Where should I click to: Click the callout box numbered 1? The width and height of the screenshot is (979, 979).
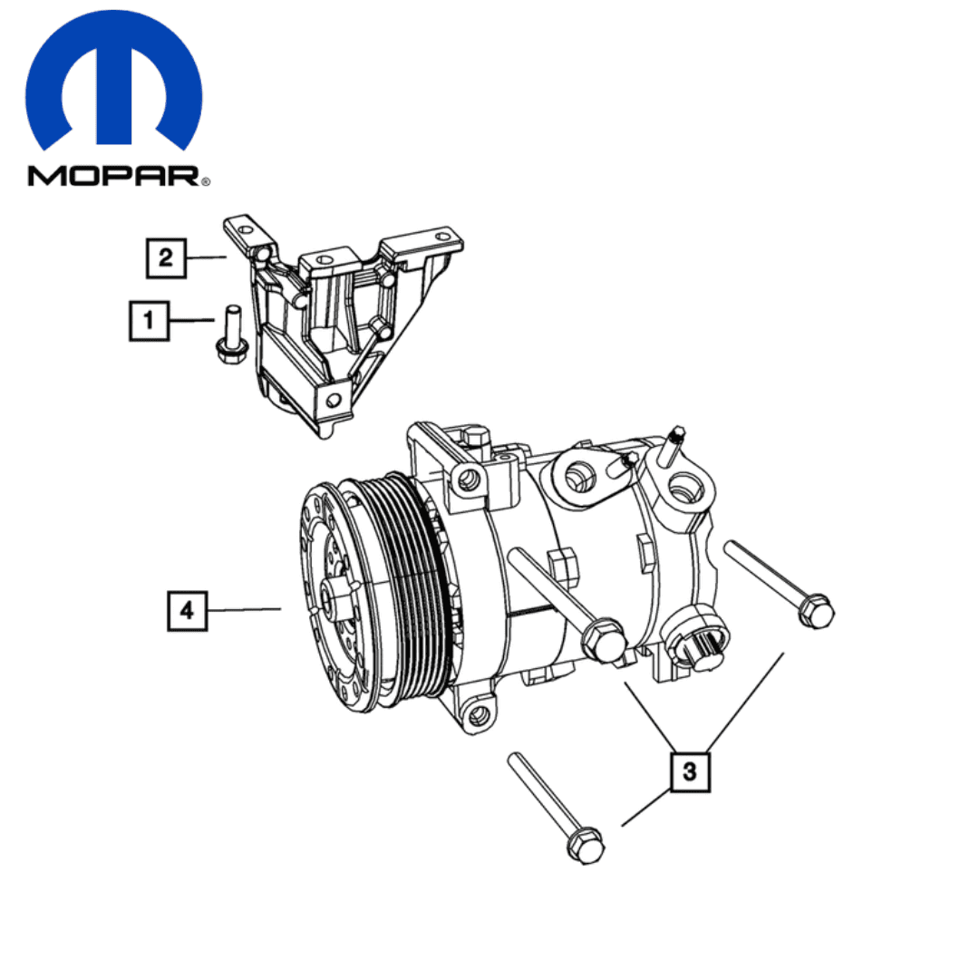150,321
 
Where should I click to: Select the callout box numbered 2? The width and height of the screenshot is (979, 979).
166,257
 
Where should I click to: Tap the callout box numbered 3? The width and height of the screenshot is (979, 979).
690,771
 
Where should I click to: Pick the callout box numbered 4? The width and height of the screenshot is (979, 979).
188,611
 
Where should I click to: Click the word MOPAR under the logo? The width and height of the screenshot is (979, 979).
113,176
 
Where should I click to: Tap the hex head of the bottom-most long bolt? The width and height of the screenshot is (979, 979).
586,846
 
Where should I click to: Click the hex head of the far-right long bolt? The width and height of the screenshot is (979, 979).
816,611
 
